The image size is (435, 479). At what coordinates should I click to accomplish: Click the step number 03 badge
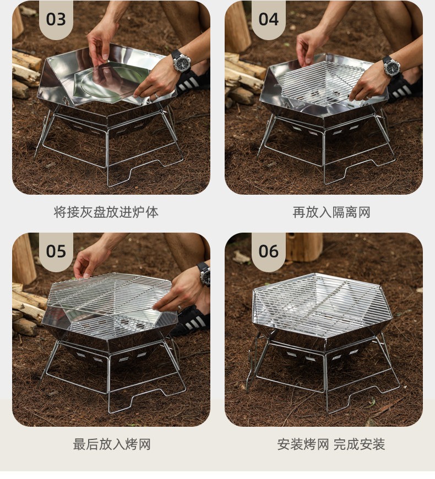tap(56, 19)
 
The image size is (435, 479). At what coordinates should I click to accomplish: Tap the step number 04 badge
tap(268, 19)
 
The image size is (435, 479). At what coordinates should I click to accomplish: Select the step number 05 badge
tap(56, 251)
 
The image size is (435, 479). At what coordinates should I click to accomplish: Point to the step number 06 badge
tap(268, 251)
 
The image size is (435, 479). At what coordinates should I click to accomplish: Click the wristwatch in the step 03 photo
tap(181, 62)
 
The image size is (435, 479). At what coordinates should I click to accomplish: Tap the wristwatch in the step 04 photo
tap(392, 67)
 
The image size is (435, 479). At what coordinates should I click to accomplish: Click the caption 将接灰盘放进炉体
tap(106, 212)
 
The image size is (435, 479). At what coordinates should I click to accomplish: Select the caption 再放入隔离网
tap(331, 212)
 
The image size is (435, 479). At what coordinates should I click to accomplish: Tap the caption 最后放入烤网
tap(112, 444)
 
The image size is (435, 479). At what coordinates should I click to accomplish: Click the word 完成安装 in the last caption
tap(359, 444)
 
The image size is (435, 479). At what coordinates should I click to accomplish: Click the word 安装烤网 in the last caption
tap(303, 444)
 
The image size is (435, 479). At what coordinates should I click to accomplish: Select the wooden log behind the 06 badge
tap(304, 247)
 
